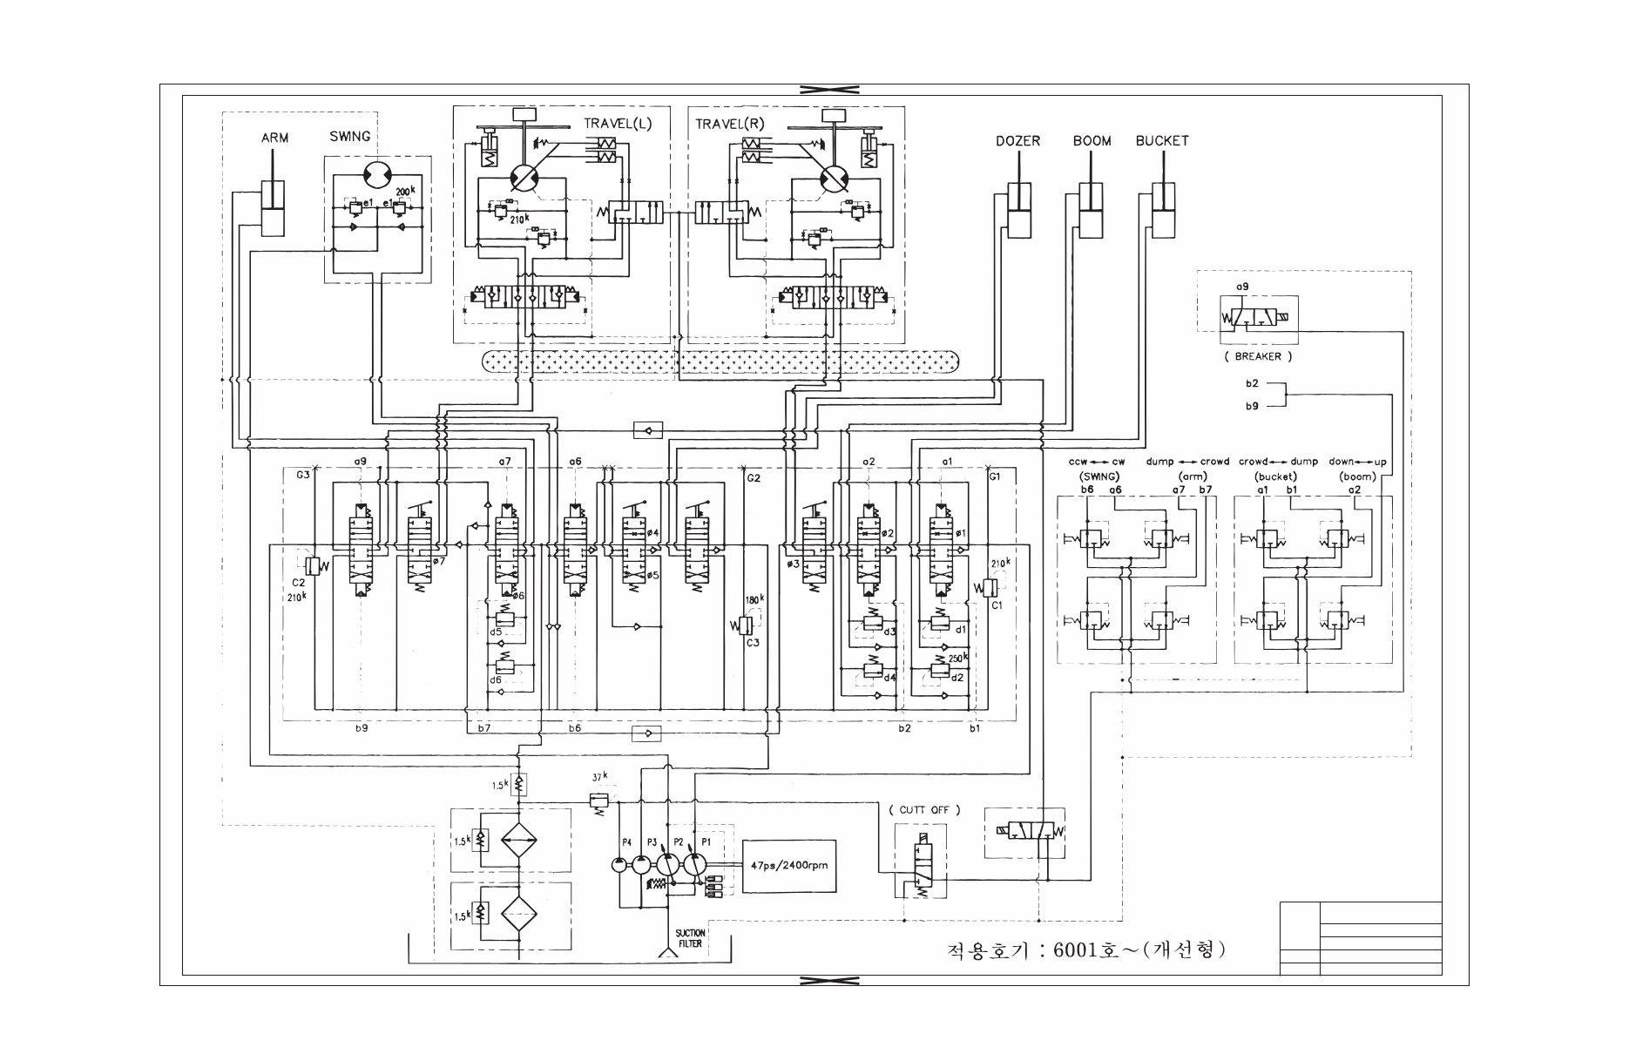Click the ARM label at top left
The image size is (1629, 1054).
274,138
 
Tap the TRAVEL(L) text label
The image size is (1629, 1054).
618,124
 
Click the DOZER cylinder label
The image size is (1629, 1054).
1017,141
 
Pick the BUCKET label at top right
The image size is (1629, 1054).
1161,141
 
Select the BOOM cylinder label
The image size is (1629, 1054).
1092,141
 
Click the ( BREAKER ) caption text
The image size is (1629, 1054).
1257,356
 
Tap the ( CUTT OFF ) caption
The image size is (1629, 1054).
924,809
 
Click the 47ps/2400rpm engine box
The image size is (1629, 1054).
788,866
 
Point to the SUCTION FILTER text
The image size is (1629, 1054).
690,938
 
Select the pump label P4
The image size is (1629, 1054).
626,842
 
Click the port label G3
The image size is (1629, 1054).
302,476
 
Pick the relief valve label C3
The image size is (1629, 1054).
751,643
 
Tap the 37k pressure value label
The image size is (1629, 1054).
600,777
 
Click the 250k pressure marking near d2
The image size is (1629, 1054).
958,659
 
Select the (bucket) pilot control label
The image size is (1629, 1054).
1275,476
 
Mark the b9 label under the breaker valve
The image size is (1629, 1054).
1251,405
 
